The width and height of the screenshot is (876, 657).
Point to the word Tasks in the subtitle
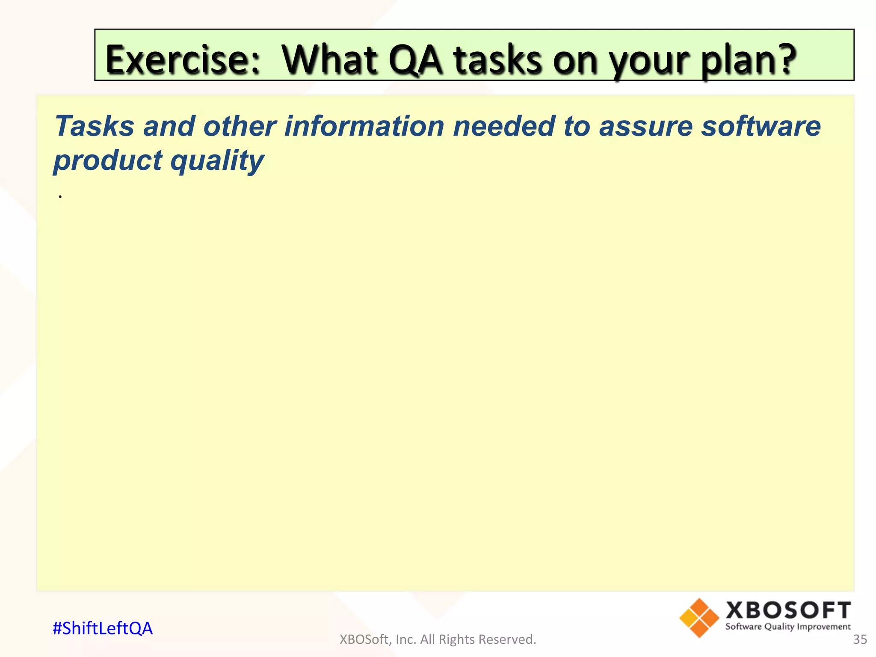click(x=94, y=127)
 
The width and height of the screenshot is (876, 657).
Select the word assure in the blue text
click(x=645, y=127)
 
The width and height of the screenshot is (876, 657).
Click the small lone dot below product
click(x=61, y=197)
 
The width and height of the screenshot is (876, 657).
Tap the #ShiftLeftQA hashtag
click(x=103, y=628)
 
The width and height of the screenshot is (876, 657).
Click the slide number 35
click(x=860, y=639)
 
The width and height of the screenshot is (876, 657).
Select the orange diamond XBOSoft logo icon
click(x=699, y=618)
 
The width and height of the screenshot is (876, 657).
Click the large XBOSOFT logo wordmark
click(x=788, y=610)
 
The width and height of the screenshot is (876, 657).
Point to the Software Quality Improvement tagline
click(x=788, y=627)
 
